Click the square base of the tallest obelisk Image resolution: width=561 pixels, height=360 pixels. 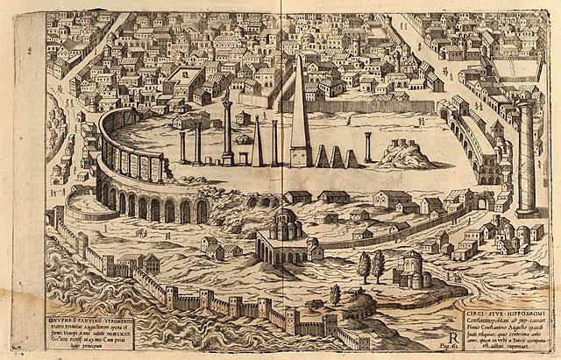pos(301,158)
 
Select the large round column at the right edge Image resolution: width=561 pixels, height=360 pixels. pos(527,158)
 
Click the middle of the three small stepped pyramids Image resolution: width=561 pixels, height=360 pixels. pos(335,158)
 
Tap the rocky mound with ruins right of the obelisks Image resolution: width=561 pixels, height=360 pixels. pos(404,156)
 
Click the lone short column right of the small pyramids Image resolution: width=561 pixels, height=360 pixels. pos(368,148)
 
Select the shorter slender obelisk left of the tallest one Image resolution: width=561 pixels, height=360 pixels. pos(259,144)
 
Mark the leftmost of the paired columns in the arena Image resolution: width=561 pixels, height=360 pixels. pos(183,145)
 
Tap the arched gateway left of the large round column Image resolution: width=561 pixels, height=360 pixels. pos(480,202)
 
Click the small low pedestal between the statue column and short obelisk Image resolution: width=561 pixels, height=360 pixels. pos(243,159)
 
